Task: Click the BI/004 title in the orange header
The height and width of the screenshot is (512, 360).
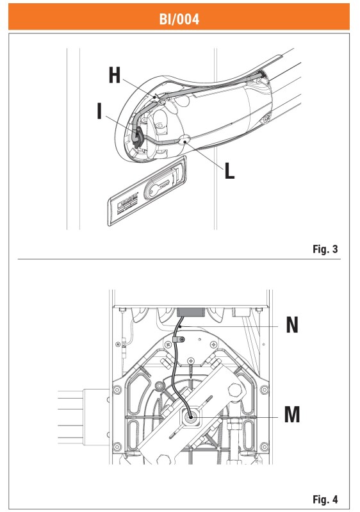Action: tap(179, 19)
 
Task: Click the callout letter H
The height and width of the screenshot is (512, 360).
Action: tap(115, 75)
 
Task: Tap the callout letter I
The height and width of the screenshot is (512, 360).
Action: tap(99, 111)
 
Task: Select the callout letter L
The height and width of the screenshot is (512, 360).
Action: tap(230, 171)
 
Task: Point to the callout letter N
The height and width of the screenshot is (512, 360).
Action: tap(292, 325)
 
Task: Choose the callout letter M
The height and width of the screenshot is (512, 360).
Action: tap(292, 415)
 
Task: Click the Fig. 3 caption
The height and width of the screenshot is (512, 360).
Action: tap(325, 249)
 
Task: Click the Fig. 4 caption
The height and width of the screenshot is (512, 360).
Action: tap(325, 499)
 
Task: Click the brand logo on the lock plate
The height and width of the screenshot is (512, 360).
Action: tap(127, 201)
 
